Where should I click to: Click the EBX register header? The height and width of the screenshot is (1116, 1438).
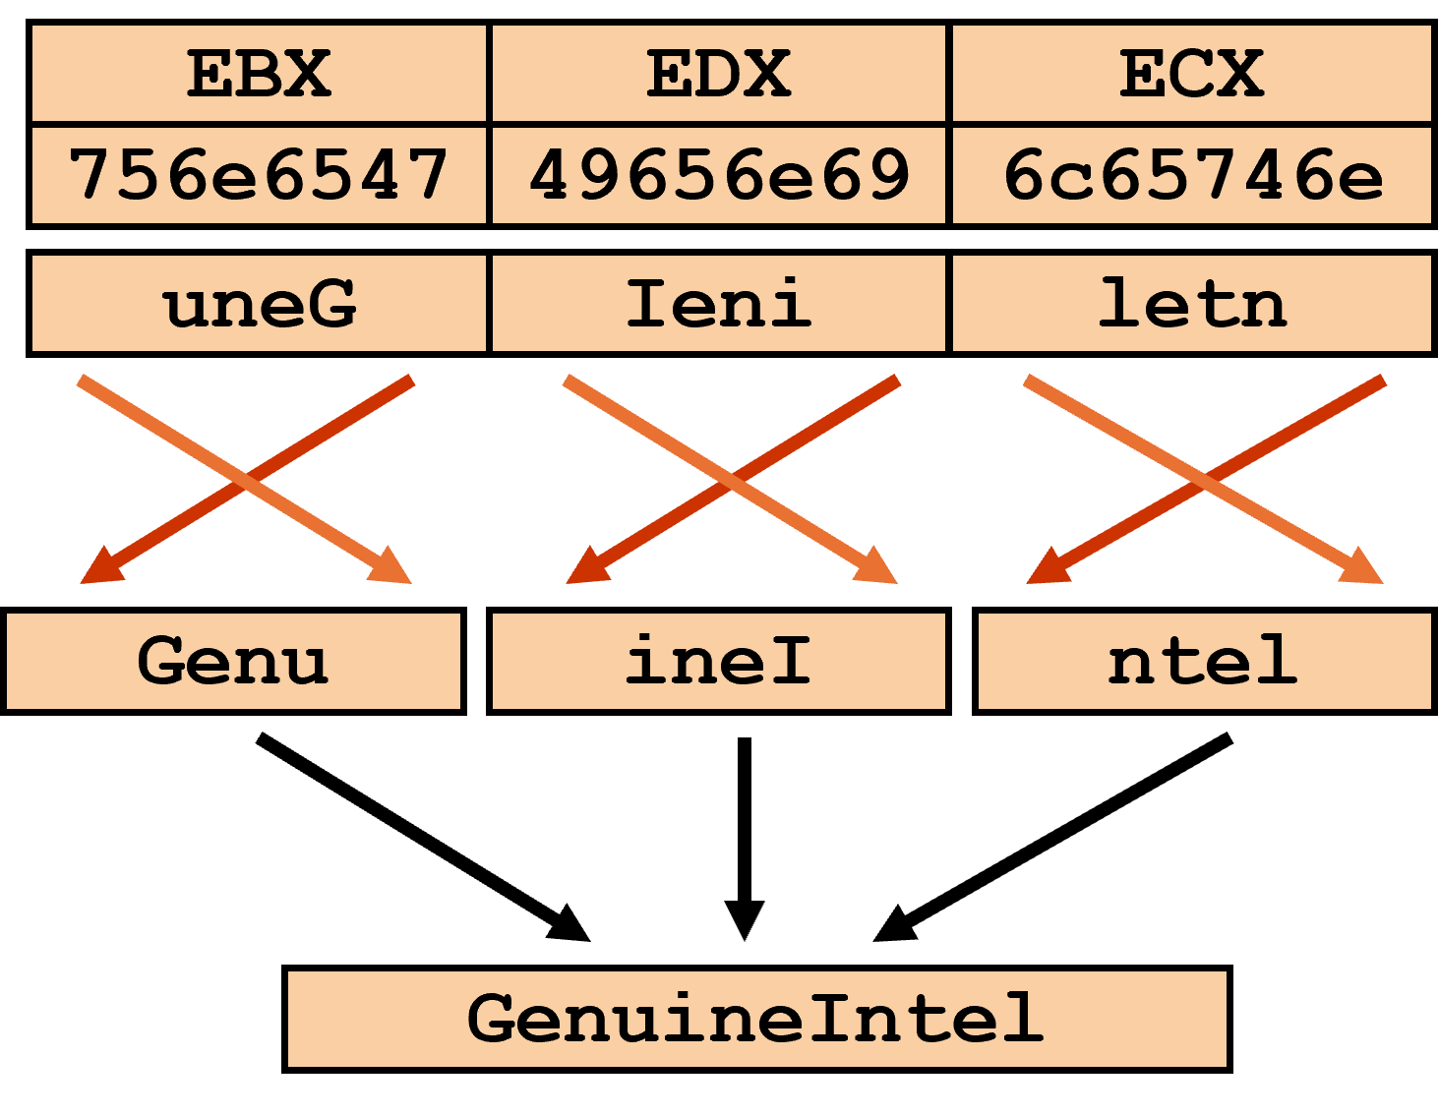pos(259,74)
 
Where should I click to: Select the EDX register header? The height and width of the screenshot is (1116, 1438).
pos(718,74)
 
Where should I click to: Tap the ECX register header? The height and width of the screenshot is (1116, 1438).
pos(1191,74)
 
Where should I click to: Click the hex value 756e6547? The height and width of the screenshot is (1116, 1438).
pos(259,175)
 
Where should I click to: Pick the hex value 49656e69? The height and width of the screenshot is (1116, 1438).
pos(718,175)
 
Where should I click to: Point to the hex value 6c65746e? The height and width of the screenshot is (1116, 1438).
pos(1191,175)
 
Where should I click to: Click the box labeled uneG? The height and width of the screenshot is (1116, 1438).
pos(259,303)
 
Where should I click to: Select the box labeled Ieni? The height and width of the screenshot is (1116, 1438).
pos(718,303)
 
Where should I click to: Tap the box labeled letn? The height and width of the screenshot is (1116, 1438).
pos(1191,303)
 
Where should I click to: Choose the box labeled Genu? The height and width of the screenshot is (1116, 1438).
pos(233,661)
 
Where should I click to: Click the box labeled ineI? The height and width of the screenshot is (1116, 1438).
pos(718,661)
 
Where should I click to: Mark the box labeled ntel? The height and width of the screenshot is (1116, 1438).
pos(1204,661)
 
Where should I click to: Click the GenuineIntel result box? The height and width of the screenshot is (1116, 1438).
pos(756,1019)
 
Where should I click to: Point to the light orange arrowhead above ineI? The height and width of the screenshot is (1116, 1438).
pos(877,569)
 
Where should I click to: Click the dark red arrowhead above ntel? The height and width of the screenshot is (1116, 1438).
pos(1046,570)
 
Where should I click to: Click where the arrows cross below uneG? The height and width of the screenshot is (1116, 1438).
pos(246,479)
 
